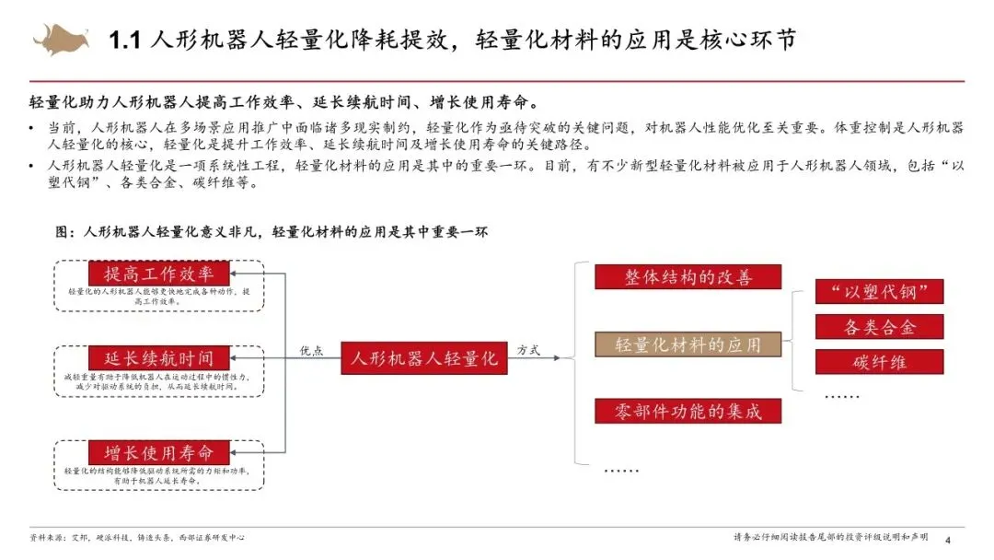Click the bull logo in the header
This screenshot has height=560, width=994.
pos(62,40)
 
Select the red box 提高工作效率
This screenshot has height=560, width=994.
pos(158,274)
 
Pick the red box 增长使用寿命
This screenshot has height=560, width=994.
pos(158,452)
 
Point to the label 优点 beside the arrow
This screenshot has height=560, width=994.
pos(312,350)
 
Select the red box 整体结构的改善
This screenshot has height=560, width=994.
pos(688,277)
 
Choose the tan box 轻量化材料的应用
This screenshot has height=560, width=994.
pos(688,344)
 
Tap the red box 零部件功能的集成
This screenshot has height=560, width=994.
pos(688,411)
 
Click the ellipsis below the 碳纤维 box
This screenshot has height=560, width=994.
pos(841,395)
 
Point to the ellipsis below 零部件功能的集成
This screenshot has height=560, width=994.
pos(620,470)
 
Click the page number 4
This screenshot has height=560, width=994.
pos(948,540)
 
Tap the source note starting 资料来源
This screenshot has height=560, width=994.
pos(137,537)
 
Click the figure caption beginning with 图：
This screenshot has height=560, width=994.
pos(272,232)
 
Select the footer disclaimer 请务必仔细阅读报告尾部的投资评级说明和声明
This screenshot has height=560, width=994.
pos(830,537)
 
